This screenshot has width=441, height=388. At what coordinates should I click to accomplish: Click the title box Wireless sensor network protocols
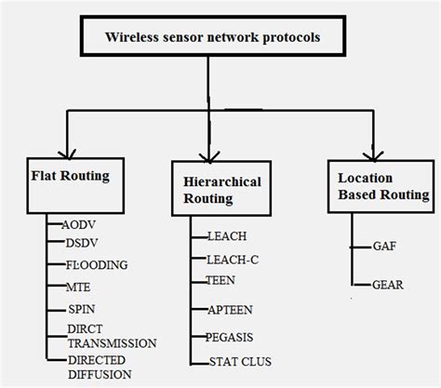click(x=213, y=36)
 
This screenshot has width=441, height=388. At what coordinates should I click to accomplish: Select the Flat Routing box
click(x=75, y=185)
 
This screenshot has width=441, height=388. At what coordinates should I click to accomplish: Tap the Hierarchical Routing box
click(x=221, y=188)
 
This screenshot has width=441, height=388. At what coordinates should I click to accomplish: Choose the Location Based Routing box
click(x=381, y=186)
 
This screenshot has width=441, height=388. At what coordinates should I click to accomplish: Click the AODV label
click(x=78, y=225)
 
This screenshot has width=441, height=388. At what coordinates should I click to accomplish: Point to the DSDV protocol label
click(x=82, y=243)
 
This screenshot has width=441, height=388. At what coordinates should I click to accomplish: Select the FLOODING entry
click(x=97, y=265)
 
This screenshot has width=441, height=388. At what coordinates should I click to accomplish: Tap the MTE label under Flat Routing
click(x=78, y=288)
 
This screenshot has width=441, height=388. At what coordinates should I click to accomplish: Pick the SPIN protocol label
click(x=82, y=309)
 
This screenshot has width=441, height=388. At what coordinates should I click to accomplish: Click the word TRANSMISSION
click(x=112, y=343)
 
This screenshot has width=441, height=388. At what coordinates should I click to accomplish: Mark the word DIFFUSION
click(x=100, y=375)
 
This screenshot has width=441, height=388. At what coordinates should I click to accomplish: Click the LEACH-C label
click(x=233, y=260)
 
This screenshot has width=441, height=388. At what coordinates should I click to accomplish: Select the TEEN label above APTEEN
click(x=220, y=280)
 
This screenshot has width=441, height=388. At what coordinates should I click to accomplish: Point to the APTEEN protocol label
click(x=230, y=310)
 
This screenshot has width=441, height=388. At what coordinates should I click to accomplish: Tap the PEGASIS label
click(x=230, y=337)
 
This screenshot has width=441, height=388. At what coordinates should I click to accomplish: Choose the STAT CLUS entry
click(x=240, y=362)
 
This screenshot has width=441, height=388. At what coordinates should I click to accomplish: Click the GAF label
click(x=384, y=247)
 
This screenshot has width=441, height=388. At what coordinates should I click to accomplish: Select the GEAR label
click(x=388, y=285)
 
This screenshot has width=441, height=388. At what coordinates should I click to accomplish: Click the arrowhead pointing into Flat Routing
click(x=67, y=154)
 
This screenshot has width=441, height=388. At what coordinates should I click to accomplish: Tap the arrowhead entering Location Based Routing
click(x=373, y=156)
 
